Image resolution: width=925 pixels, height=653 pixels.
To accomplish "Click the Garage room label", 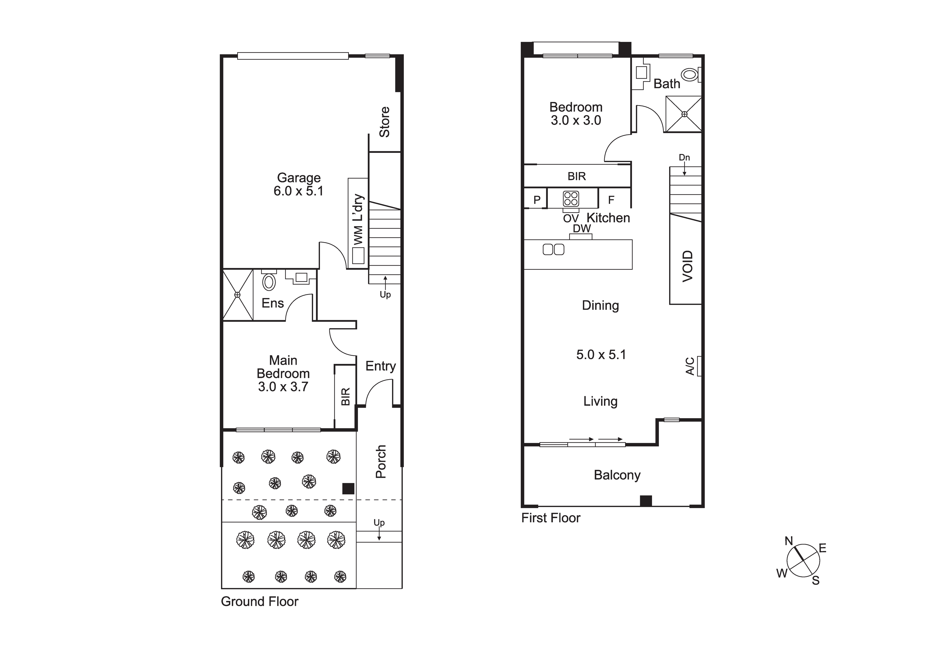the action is click(299, 178).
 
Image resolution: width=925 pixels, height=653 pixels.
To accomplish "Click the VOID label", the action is click(688, 266).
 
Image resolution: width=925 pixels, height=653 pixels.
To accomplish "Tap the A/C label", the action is click(690, 366).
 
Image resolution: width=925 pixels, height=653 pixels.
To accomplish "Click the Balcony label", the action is click(617, 475).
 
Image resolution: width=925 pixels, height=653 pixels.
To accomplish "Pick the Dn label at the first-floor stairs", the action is click(684, 157).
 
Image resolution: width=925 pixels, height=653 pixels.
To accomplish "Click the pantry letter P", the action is click(537, 200).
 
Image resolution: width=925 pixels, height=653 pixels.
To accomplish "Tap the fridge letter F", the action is click(611, 200).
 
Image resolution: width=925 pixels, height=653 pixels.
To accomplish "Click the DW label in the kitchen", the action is click(582, 228).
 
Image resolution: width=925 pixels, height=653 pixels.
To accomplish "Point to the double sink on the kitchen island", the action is click(554, 250).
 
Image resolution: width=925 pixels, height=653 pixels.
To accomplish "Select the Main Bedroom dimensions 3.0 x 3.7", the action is click(283, 387).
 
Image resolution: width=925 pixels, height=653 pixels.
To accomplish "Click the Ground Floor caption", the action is click(260, 601).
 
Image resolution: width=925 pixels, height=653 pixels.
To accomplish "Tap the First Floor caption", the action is click(551, 518).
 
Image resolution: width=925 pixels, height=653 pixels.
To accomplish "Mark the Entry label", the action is click(380, 366).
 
